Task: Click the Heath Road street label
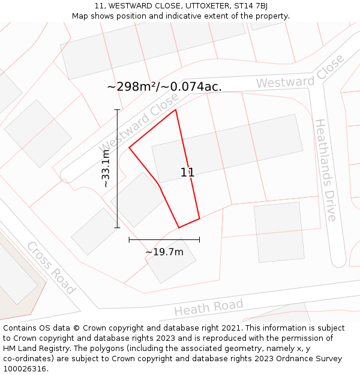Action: (x=208, y=307)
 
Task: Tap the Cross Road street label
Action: (x=51, y=268)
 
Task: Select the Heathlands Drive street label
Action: (x=325, y=170)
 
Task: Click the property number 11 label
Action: (x=187, y=172)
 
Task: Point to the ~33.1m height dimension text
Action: (x=106, y=170)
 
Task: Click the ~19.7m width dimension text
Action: (x=164, y=252)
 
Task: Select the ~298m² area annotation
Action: (x=164, y=86)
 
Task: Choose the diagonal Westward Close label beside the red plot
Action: (x=139, y=126)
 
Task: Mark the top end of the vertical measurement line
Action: (x=117, y=110)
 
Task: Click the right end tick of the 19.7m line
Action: (x=199, y=239)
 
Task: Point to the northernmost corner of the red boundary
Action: (x=175, y=110)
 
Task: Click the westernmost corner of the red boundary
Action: (x=129, y=148)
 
